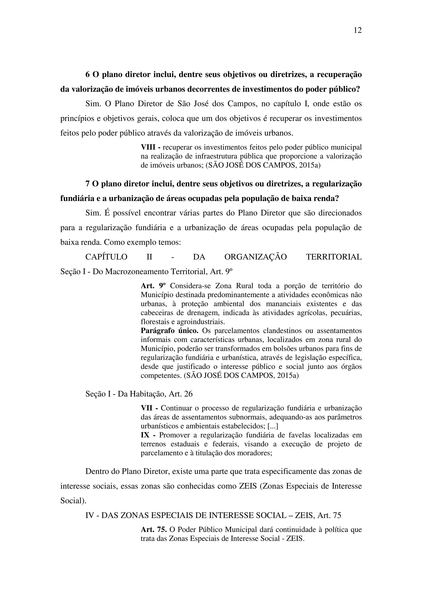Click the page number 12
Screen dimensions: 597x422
358,30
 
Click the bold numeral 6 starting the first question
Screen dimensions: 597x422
88,75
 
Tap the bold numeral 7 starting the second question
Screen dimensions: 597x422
88,184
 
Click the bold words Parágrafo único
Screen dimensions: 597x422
170,331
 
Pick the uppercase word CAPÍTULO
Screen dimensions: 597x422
106,257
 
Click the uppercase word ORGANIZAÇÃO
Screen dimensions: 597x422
256,257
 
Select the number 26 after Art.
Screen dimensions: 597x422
188,394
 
